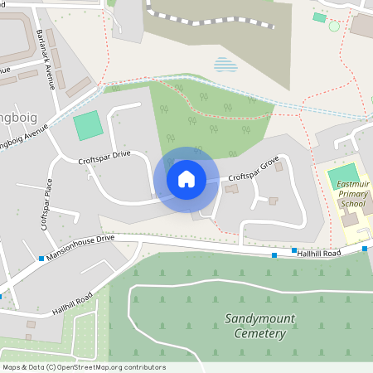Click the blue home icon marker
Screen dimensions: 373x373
click(186, 178)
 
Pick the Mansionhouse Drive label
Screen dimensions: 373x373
click(80, 248)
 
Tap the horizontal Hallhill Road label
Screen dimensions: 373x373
click(320, 252)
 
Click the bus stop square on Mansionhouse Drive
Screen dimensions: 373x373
click(41, 259)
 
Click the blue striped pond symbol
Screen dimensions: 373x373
click(224, 64)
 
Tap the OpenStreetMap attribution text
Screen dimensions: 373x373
click(84, 367)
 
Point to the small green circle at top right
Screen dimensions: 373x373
click(334, 27)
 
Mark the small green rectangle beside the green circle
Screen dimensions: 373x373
click(319, 17)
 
